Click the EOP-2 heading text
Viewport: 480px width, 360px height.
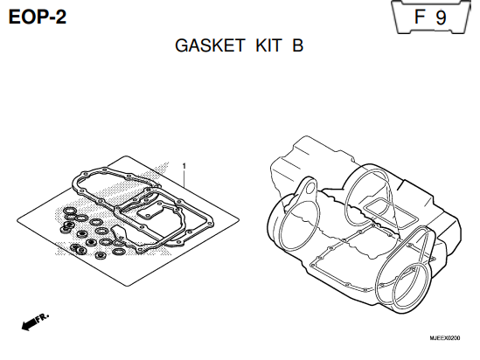point(37,17)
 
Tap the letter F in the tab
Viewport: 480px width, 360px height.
point(420,17)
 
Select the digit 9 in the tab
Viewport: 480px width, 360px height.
point(442,17)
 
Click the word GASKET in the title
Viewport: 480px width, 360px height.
point(210,45)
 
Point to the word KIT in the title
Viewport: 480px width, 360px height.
point(268,45)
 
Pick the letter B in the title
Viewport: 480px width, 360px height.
point(297,45)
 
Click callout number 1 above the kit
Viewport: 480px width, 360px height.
point(184,166)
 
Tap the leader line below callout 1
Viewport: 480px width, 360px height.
point(184,178)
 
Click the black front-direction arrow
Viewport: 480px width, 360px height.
point(29,324)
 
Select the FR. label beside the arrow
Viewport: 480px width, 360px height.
point(42,318)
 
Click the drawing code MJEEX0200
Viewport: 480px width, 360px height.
point(444,338)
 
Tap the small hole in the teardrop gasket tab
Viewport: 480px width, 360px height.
point(310,187)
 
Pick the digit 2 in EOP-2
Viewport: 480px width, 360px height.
point(61,17)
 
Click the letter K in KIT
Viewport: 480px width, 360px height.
point(262,45)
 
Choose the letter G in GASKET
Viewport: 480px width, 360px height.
point(182,45)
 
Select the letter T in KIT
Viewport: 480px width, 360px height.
point(276,45)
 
